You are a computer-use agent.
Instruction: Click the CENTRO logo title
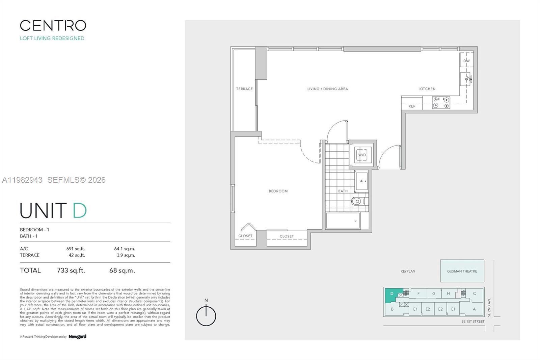point(53,26)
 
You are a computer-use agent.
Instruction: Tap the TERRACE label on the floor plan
point(244,89)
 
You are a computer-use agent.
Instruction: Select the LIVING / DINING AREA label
point(327,89)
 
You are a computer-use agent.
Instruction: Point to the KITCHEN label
point(427,89)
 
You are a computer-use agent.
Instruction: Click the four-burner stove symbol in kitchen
point(441,103)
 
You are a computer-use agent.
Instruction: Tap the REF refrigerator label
point(412,106)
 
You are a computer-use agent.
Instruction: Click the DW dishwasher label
point(466,61)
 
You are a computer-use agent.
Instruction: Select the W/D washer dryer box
point(362,155)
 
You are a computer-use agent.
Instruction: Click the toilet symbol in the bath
point(357,202)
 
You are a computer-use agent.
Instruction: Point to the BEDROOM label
point(278,191)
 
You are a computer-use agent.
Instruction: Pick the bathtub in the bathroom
point(343,221)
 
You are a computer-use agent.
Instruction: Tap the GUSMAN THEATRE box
point(462,271)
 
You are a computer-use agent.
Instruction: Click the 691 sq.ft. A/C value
point(76,249)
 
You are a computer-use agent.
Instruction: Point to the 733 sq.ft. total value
point(71,271)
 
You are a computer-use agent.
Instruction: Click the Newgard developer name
point(77,337)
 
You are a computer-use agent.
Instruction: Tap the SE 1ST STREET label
point(473,322)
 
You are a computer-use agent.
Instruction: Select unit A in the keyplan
point(474,309)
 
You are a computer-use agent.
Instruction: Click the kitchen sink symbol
point(467,79)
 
